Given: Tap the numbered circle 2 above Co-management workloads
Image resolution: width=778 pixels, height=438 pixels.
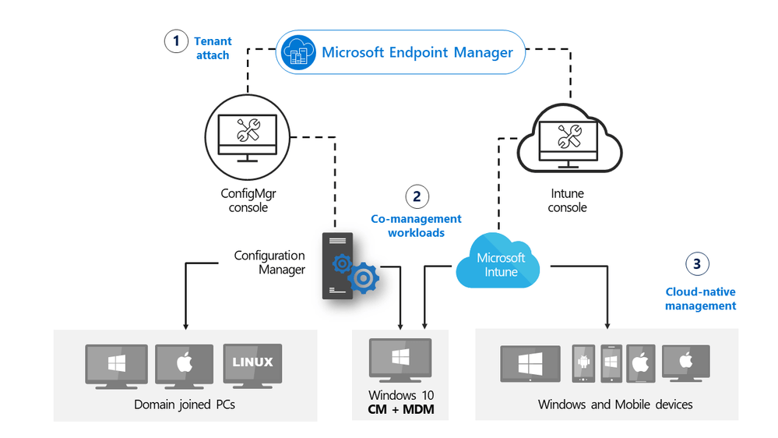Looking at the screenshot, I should coord(417,196).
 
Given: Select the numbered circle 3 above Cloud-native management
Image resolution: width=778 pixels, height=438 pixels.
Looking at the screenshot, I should coord(696,264).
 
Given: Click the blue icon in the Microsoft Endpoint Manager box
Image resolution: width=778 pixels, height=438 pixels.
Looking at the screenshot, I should coord(300,52).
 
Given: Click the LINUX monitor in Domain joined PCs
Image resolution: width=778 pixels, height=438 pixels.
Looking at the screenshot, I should coord(252,364).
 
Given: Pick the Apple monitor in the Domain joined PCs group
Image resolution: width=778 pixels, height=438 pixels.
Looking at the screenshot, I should coord(185,365).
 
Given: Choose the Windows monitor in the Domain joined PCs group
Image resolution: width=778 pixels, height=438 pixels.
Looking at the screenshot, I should coord(116,365).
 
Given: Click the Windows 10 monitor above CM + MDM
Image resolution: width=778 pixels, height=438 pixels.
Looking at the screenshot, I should coord(402,359).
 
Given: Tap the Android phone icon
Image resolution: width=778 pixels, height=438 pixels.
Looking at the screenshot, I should coord(584,362).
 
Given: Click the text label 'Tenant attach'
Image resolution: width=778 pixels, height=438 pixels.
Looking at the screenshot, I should coord(212,48).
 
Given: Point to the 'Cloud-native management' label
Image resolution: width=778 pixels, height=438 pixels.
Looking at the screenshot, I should coord(700,299).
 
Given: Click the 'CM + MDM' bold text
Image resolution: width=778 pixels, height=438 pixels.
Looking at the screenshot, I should coord(402,408).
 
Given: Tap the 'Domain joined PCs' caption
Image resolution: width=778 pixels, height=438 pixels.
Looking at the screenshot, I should coord(185,404).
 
